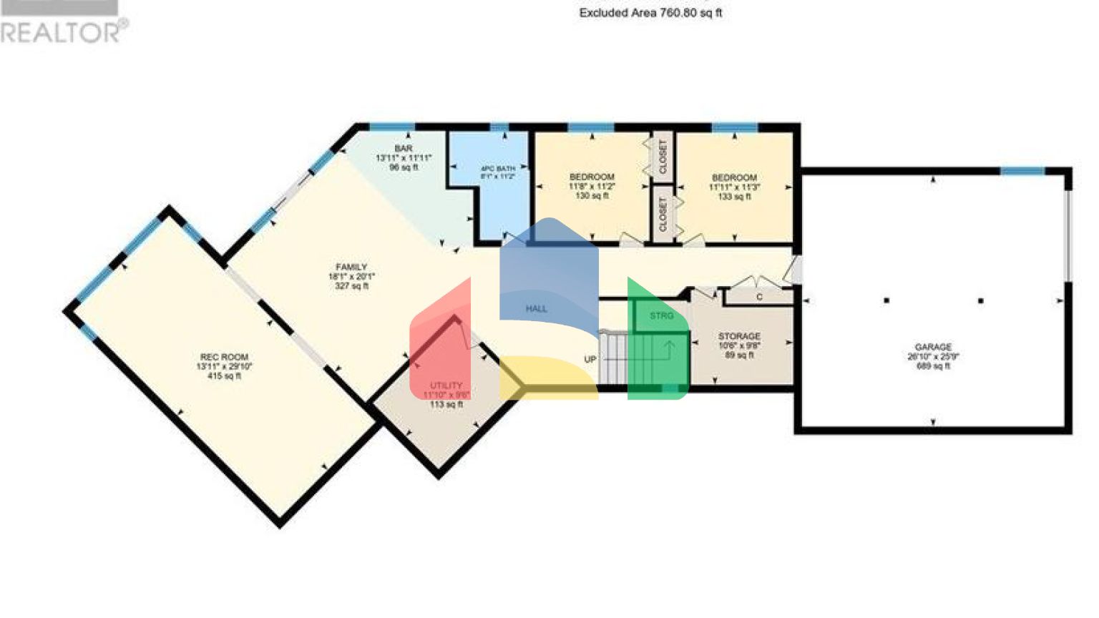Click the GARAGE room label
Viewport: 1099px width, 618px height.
[933, 347]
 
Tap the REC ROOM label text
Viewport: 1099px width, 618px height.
[224, 357]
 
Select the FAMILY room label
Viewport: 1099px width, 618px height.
[351, 267]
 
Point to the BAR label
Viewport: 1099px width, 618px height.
[404, 149]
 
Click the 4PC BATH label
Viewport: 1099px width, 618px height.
[497, 169]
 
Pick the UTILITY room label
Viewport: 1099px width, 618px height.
[446, 386]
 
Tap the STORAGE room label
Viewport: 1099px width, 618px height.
[739, 336]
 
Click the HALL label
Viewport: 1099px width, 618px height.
[537, 309]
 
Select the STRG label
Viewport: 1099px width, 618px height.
[662, 315]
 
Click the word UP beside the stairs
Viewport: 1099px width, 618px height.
[590, 359]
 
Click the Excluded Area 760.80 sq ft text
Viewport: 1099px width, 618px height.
[650, 13]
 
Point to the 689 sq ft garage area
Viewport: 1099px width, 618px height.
[933, 366]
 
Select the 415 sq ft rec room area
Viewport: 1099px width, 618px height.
[224, 376]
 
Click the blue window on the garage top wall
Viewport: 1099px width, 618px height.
[1022, 171]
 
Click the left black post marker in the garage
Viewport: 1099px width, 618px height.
[886, 300]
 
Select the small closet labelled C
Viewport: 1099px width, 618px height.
[759, 296]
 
